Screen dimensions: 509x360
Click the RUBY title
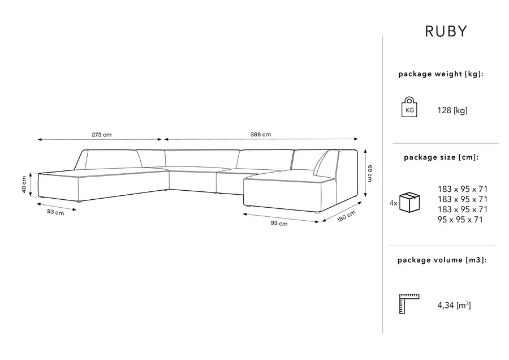pos(446,32)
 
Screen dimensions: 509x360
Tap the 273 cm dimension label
pos(102,135)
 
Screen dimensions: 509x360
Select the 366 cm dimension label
pos(261,134)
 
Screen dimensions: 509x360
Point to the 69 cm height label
pos(370,173)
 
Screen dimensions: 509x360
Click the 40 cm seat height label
pos(24,184)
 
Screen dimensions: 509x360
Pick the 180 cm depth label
pos(346,216)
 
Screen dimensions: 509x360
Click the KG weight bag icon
pos(409,107)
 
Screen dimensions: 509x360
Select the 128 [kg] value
pos(452,110)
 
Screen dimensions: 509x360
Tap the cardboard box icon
pos(409,202)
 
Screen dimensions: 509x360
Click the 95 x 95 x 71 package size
pos(460,220)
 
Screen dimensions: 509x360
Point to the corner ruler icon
pos(409,304)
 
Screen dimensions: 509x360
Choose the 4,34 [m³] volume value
pos(454,305)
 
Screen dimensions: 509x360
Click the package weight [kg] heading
pos(441,74)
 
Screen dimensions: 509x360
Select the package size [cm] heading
pos(441,157)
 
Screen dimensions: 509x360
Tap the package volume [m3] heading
pos(442,260)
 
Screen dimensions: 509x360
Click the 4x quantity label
pos(394,203)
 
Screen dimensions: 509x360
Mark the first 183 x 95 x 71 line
pos(463,189)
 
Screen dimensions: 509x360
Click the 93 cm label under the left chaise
pos(55,212)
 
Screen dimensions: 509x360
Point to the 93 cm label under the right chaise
pos(279,224)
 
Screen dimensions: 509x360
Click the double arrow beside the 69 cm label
pos(365,173)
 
